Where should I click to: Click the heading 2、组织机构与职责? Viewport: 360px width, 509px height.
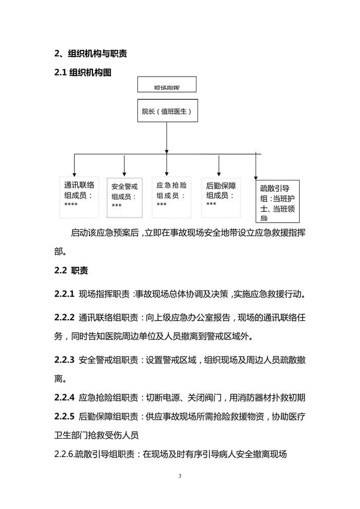click(x=91, y=53)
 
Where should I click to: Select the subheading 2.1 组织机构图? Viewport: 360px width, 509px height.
click(x=83, y=72)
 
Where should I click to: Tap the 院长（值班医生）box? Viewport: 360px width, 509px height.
click(x=167, y=110)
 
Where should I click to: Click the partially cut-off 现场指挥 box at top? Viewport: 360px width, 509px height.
click(x=167, y=85)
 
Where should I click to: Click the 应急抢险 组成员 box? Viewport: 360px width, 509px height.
click(x=173, y=196)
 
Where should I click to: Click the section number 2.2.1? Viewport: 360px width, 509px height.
click(x=65, y=295)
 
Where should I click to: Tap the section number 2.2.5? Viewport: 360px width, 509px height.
click(x=65, y=416)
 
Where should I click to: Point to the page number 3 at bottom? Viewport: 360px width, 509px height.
click(x=180, y=476)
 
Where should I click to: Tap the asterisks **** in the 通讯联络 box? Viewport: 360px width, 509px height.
click(x=71, y=205)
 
